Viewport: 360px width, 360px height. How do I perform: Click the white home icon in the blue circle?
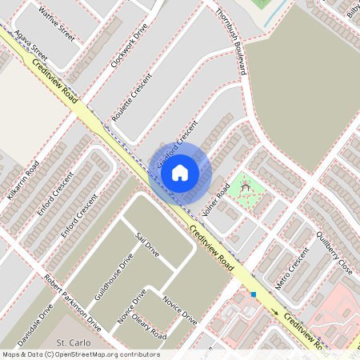(180, 172)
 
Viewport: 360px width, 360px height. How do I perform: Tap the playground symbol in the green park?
(246, 187)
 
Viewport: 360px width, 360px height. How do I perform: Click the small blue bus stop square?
(254, 294)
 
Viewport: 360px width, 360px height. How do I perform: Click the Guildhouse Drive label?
(114, 276)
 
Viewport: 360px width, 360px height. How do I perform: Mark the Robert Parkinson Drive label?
(73, 304)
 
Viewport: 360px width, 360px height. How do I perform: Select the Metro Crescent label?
(291, 268)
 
